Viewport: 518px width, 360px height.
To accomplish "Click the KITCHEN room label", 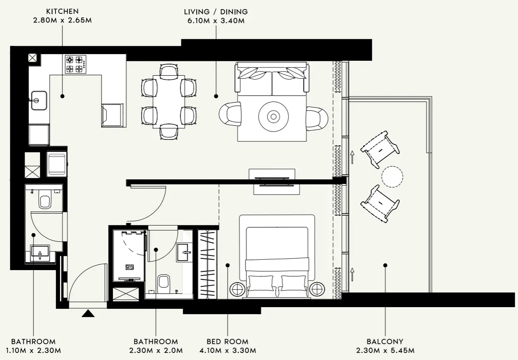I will [62, 12].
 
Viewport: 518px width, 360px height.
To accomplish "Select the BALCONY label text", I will [385, 342].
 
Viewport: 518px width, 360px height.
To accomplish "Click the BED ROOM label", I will [227, 342].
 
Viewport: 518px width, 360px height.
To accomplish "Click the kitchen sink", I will [38, 100].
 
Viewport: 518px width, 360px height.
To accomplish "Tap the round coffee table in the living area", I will [274, 117].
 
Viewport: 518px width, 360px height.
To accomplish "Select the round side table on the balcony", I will [392, 176].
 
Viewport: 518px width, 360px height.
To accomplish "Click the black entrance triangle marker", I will [88, 313].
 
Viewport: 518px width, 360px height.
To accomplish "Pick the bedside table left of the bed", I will [238, 289].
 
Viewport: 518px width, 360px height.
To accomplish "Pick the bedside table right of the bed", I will [317, 289].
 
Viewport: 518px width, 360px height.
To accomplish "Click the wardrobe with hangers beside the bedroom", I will [207, 264].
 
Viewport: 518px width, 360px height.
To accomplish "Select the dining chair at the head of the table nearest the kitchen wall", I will [169, 72].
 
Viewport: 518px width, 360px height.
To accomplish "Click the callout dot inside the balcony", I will [385, 265].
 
